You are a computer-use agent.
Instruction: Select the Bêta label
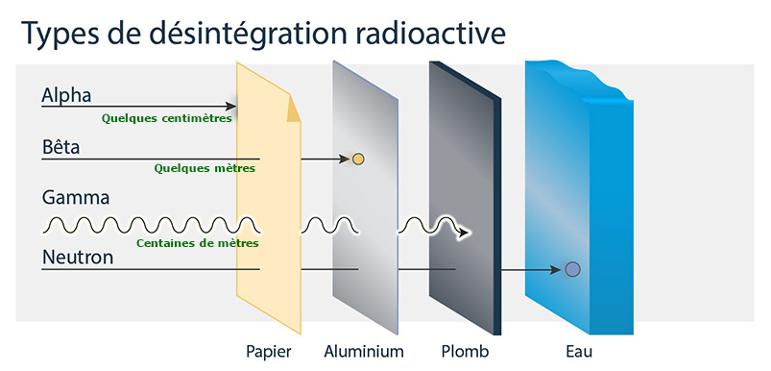click(x=61, y=148)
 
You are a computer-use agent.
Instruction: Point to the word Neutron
click(x=79, y=257)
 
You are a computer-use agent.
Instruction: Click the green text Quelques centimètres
click(x=167, y=119)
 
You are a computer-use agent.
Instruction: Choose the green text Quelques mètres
click(x=205, y=168)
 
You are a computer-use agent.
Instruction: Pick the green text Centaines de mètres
click(x=197, y=242)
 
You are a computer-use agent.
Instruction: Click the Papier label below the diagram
click(x=268, y=351)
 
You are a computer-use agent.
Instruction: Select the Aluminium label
click(x=364, y=351)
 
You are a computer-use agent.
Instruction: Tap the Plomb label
click(x=466, y=351)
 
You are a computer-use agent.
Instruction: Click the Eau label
click(x=580, y=351)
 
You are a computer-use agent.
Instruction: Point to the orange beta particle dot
click(x=358, y=159)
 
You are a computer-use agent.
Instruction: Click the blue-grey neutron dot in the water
click(x=572, y=270)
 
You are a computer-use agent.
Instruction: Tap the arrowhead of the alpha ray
click(x=231, y=107)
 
